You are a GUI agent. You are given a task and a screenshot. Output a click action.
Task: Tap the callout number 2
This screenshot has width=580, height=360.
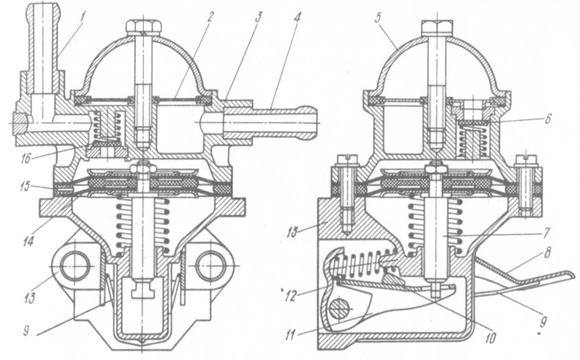210,16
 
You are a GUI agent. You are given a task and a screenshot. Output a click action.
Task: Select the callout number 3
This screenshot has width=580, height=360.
259,16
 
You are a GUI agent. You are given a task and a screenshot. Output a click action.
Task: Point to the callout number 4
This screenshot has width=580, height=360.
298,17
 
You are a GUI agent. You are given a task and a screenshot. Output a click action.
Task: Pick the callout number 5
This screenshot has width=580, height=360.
377,18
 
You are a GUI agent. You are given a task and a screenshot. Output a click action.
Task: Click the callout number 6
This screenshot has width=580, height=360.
549,119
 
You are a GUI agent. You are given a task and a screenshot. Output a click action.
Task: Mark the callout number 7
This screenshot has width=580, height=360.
546,233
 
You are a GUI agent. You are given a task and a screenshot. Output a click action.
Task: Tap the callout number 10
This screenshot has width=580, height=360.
491,338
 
